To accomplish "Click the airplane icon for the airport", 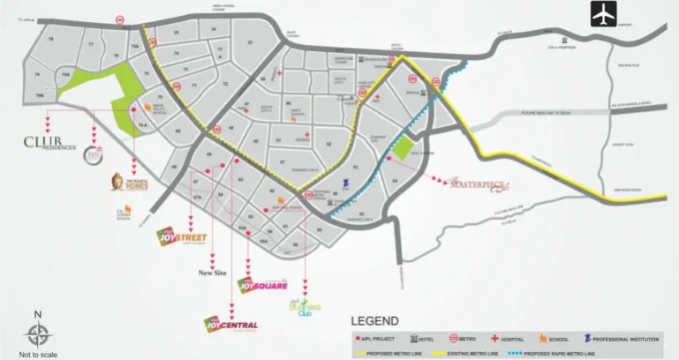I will [x=579, y=15].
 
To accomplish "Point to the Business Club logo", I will [x=304, y=306].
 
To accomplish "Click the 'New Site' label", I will [x=212, y=274].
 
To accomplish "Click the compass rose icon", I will [x=37, y=334].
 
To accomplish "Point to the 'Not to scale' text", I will [x=37, y=353].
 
